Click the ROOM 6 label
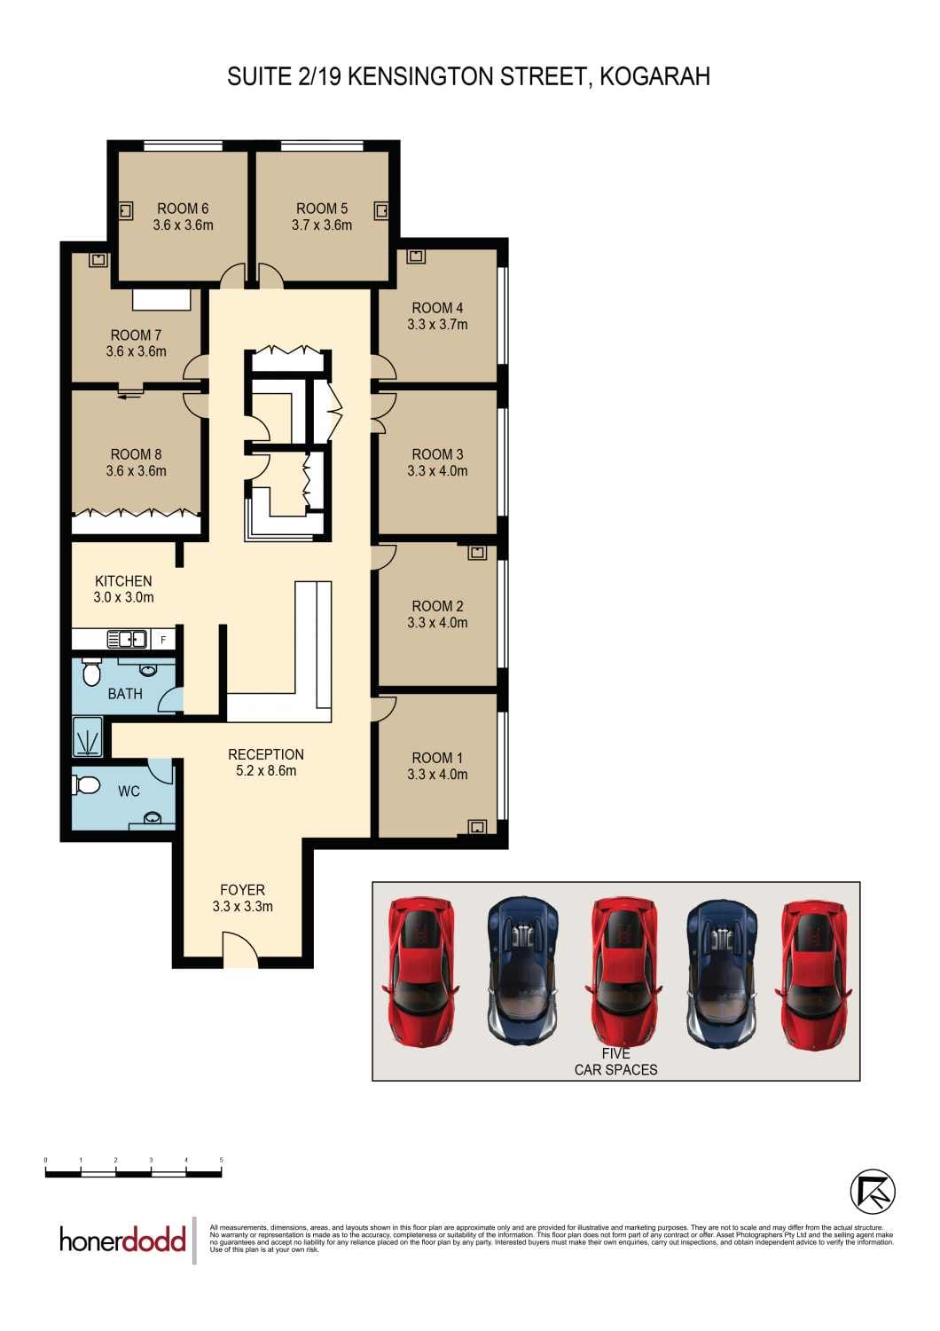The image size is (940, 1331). [183, 209]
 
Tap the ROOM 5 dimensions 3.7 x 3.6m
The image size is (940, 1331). [322, 225]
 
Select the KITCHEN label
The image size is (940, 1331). [123, 581]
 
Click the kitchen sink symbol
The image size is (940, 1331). [127, 639]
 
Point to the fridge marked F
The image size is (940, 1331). [163, 639]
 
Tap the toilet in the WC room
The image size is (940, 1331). [88, 785]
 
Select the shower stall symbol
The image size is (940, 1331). [88, 737]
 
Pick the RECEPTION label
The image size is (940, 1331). [266, 754]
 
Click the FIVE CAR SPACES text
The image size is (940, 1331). [616, 1061]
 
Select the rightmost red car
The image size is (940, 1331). [814, 974]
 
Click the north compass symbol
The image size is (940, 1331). [873, 1192]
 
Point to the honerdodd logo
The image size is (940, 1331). [122, 1239]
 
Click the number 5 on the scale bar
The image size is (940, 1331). [221, 1160]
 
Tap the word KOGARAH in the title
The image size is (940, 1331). [654, 76]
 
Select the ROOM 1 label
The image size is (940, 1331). [437, 758]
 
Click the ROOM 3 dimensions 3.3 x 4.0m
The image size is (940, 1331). [437, 471]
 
